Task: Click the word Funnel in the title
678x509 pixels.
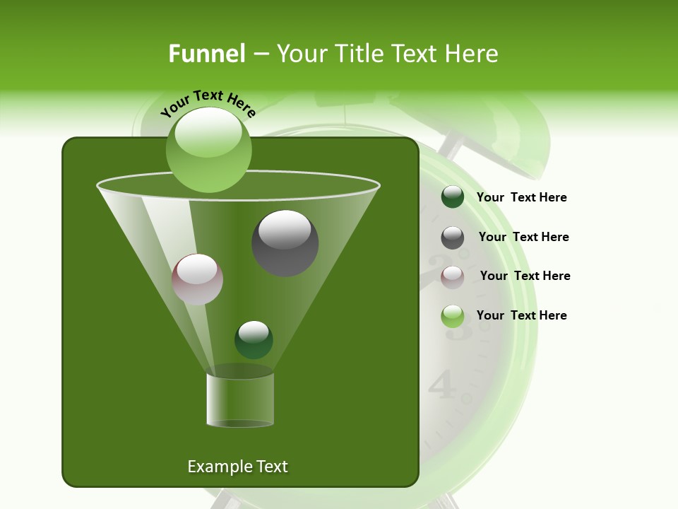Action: point(206,54)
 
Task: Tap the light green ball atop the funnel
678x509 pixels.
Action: point(208,150)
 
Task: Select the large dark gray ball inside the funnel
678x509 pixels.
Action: point(285,243)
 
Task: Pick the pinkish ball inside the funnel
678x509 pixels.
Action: point(197,279)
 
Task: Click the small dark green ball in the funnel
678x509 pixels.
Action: point(254,339)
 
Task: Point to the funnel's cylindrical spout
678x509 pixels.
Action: point(240,400)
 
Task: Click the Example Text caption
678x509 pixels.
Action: point(237,467)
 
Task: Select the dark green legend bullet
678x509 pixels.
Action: point(453,197)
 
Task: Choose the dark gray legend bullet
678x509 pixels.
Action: point(453,238)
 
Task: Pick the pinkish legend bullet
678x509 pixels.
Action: point(453,277)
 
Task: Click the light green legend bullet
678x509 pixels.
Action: point(453,316)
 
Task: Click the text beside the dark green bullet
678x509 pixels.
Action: point(521,198)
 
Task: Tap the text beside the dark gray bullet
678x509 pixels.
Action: point(523,237)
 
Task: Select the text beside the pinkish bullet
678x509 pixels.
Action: point(525,276)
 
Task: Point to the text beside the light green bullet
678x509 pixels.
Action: point(521,315)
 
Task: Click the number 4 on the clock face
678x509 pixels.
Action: point(442,385)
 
